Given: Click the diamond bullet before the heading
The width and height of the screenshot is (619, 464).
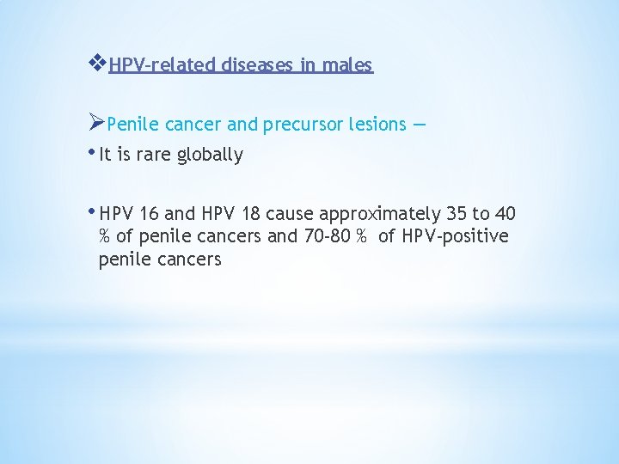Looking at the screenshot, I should point(97,64).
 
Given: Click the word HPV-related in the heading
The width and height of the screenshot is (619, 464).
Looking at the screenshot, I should point(164,65).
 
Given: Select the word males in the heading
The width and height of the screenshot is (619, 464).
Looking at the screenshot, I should point(348,65).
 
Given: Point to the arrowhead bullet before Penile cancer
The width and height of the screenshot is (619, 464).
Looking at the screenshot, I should point(97,123).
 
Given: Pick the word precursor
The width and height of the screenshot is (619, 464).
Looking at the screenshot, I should point(303,125).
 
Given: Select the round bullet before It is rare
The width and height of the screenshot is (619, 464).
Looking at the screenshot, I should point(94,152).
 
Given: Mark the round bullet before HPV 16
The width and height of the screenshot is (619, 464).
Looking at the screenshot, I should point(94,211).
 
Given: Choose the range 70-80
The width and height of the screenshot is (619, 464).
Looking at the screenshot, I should point(323,236).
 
